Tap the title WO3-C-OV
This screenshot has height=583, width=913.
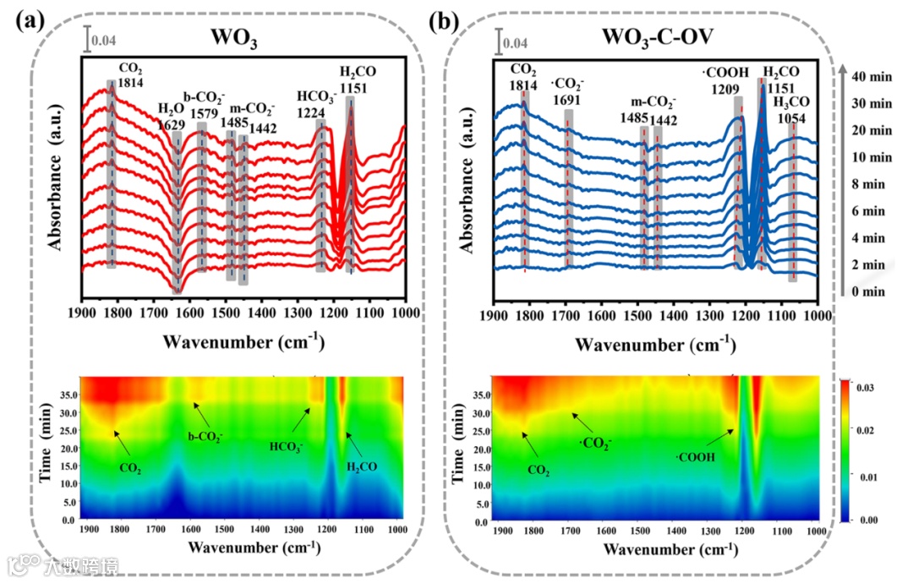(656, 37)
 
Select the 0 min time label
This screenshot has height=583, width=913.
(869, 291)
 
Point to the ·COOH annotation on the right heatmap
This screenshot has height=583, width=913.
(696, 457)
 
